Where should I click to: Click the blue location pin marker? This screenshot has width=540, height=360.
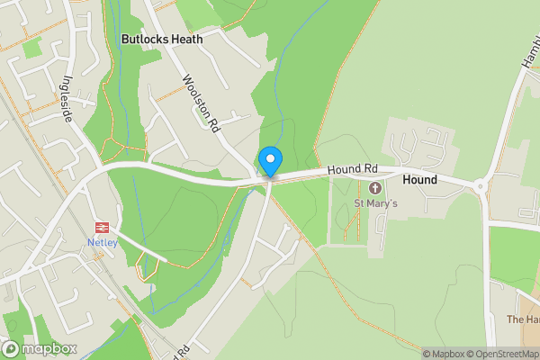tap(270, 162)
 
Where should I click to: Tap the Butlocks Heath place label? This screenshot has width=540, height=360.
tap(162, 40)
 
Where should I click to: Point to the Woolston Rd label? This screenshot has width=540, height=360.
tap(202, 104)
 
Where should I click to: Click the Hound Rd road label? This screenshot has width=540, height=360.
tap(351, 168)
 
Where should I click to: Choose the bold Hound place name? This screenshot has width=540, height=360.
tap(419, 180)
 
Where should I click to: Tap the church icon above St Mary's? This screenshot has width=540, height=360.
tap(375, 187)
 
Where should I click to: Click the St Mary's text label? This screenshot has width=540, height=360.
tap(375, 203)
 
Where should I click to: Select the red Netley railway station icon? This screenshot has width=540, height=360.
tap(102, 229)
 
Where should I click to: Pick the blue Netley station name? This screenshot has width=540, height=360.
tap(102, 243)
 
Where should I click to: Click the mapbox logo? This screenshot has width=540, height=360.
tap(40, 348)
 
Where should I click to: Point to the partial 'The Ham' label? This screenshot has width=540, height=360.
tap(523, 319)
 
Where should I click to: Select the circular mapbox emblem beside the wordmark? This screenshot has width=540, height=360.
tap(11, 348)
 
